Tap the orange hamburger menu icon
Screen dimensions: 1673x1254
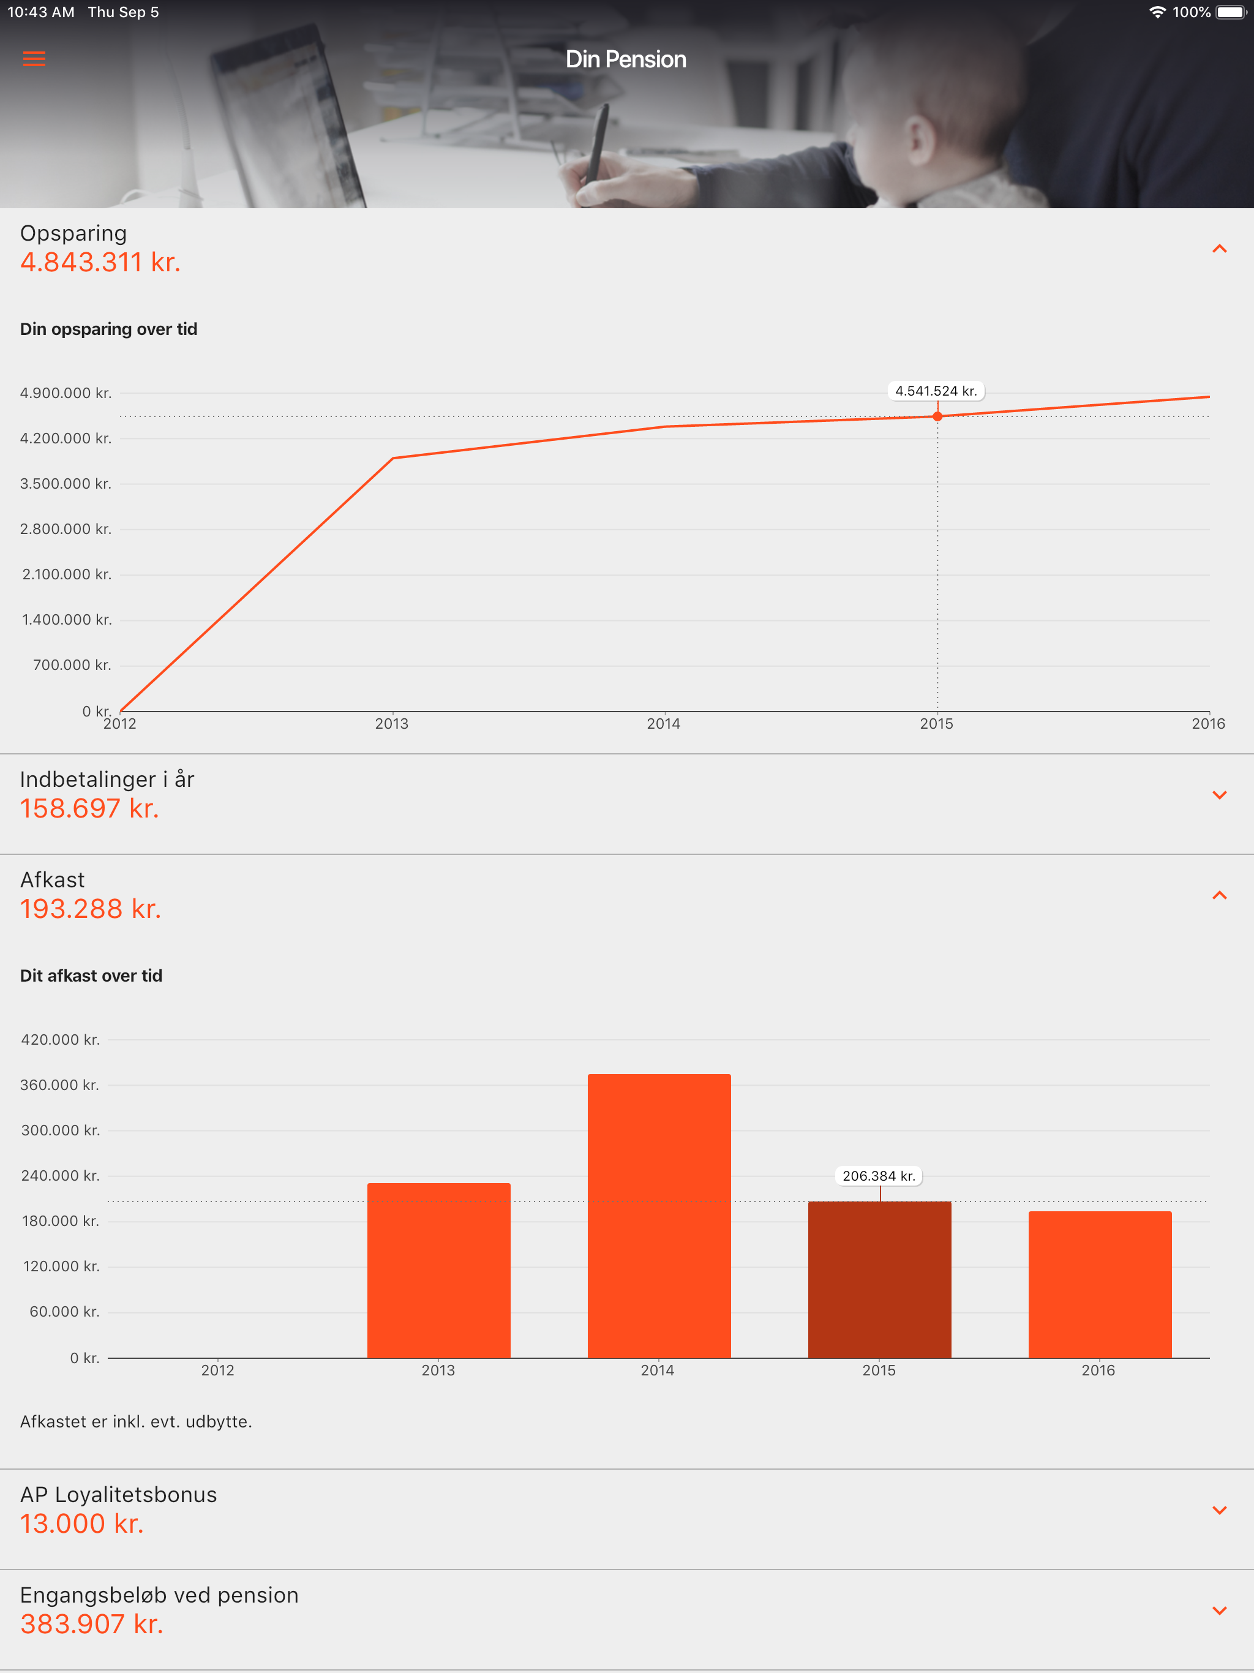[x=34, y=59]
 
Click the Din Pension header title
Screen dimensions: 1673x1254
[x=626, y=59]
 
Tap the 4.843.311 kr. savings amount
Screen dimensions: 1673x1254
[x=100, y=263]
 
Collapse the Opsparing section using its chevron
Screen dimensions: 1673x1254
[x=1218, y=249]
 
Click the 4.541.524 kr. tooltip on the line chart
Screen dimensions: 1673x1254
[x=936, y=391]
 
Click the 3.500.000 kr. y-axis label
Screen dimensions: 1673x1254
[x=66, y=484]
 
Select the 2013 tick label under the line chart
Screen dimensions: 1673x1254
[x=392, y=724]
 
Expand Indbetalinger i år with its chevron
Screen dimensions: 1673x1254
[x=1218, y=795]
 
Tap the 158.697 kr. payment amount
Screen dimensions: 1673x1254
[x=89, y=808]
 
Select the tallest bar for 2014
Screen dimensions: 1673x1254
[x=659, y=1216]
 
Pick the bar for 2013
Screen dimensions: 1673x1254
[x=438, y=1270]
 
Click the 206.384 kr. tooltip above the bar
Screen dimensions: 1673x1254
[x=879, y=1176]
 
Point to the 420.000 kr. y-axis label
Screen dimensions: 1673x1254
[x=61, y=1040]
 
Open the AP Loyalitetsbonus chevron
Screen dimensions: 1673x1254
[x=1218, y=1510]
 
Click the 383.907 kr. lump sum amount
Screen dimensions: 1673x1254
[x=91, y=1624]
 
